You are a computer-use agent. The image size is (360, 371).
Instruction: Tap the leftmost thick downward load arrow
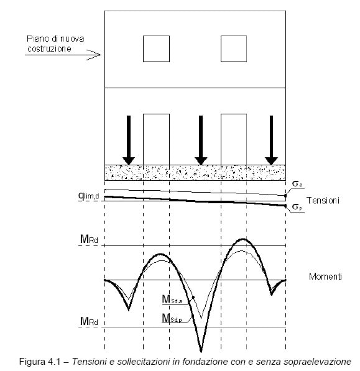(x=129, y=140)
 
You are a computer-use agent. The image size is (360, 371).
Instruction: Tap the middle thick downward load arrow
(x=201, y=140)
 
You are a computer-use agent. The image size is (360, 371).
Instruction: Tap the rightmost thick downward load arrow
(x=271, y=140)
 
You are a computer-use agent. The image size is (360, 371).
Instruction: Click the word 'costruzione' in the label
(x=49, y=48)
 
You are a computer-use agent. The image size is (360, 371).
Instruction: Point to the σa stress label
(x=297, y=183)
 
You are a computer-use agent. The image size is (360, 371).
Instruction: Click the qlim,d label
(x=89, y=196)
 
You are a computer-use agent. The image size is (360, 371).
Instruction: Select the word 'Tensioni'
(x=323, y=200)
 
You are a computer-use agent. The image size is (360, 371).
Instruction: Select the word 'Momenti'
(x=325, y=277)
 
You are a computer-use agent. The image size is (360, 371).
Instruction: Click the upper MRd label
(x=89, y=239)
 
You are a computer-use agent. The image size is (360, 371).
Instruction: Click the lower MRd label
(x=89, y=321)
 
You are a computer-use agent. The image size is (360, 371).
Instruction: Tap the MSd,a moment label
(x=172, y=299)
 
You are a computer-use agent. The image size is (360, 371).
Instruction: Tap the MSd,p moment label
(x=172, y=318)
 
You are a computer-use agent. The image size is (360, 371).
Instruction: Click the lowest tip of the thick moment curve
(x=201, y=352)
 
